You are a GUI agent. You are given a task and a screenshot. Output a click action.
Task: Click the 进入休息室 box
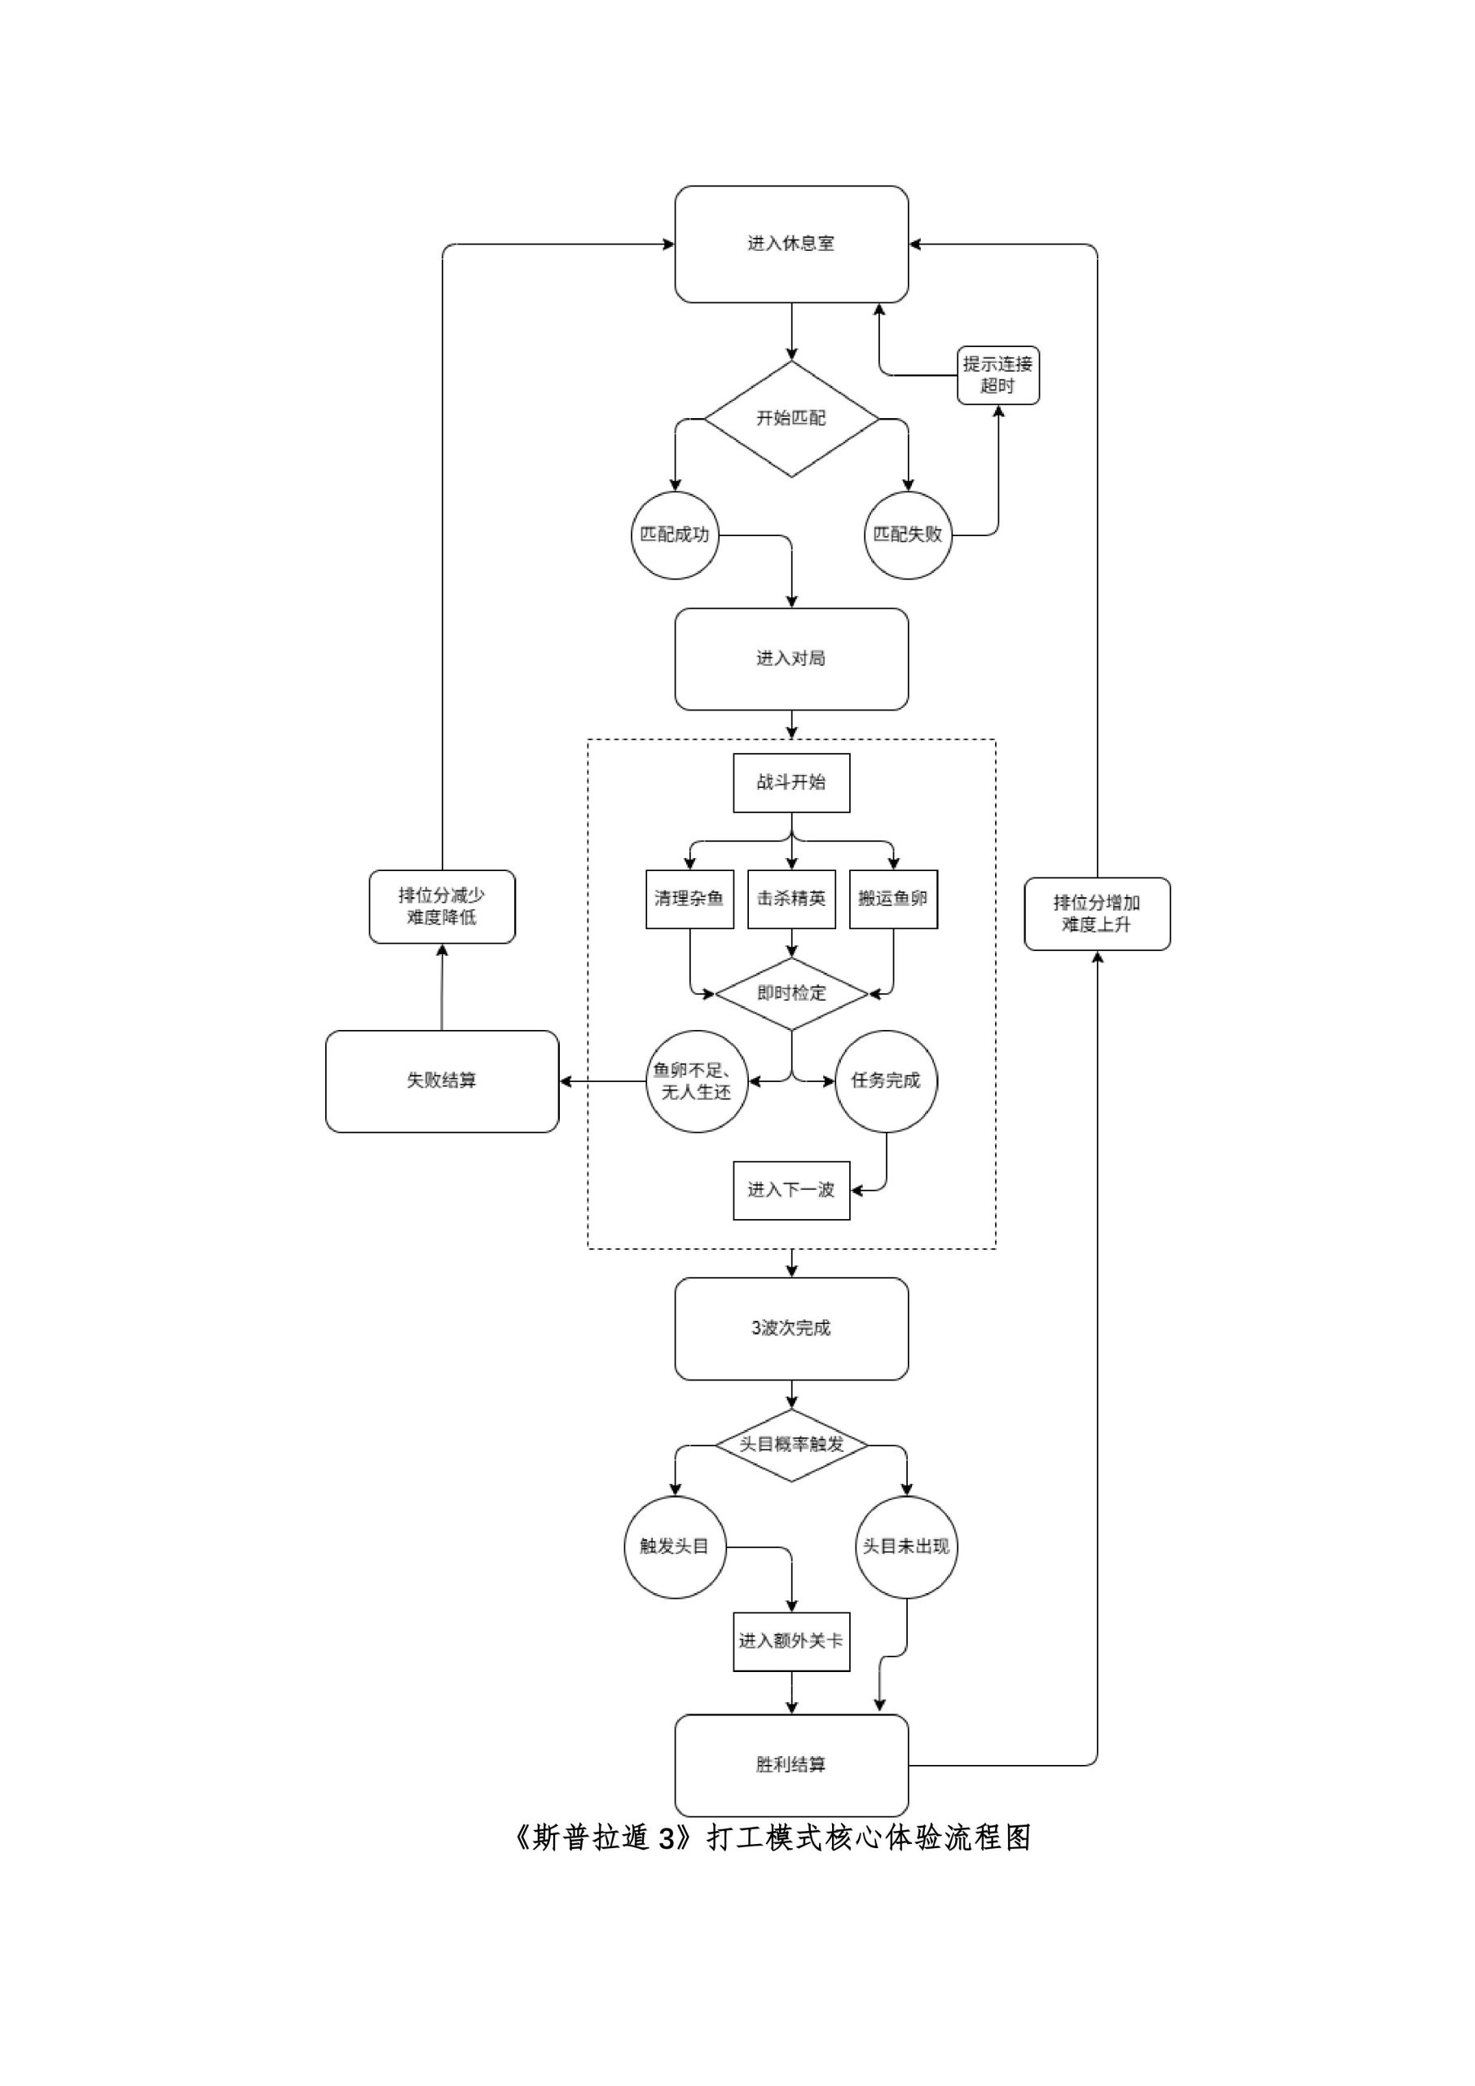click(790, 244)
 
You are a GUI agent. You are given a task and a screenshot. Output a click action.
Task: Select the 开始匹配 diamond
click(790, 418)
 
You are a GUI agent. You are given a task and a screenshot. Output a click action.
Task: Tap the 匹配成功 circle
click(674, 535)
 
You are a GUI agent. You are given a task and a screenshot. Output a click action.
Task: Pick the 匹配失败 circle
click(907, 535)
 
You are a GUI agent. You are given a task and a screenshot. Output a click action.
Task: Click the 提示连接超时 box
click(998, 374)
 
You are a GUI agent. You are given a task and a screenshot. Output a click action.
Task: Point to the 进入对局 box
click(790, 658)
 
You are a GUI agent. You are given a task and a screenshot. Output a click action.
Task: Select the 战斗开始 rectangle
click(790, 782)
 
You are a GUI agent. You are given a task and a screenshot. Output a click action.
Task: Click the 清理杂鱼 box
click(689, 899)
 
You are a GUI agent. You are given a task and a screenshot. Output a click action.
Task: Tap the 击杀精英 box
click(790, 899)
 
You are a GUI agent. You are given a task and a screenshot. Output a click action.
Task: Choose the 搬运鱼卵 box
click(892, 899)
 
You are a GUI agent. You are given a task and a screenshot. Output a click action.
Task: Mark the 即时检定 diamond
click(790, 993)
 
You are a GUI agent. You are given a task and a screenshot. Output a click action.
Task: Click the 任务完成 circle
click(885, 1080)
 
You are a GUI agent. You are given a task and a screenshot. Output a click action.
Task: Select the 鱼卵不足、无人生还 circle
click(696, 1080)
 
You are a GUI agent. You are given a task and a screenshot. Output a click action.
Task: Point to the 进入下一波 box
click(790, 1190)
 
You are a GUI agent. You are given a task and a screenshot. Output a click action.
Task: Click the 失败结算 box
click(442, 1080)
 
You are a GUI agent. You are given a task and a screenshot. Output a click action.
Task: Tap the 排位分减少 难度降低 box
click(442, 906)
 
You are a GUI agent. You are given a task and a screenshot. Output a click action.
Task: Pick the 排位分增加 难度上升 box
click(1096, 913)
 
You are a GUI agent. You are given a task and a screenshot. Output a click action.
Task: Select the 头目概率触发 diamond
click(790, 1445)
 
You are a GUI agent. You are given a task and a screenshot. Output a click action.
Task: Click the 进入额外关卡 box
click(790, 1641)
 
